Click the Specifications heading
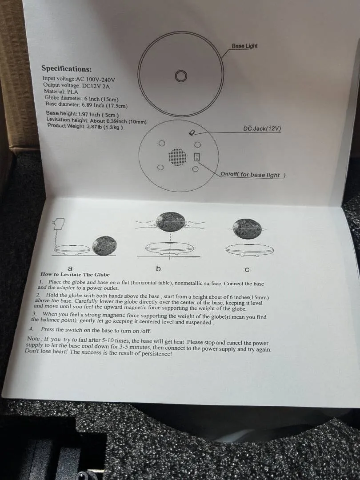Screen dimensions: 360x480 pyautogui.click(x=66, y=68)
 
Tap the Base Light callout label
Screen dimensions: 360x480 pyautogui.click(x=244, y=46)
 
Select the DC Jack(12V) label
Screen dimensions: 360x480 pyautogui.click(x=262, y=128)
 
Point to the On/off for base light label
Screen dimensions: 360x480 pyautogui.click(x=253, y=175)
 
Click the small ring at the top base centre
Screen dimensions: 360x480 pyautogui.click(x=181, y=76)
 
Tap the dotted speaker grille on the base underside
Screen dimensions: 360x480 pyautogui.click(x=177, y=157)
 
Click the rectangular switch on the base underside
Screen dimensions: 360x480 pyautogui.click(x=197, y=157)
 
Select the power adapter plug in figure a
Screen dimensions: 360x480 pyautogui.click(x=60, y=223)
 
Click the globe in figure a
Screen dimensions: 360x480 pyautogui.click(x=104, y=245)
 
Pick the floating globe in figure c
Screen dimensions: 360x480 pyautogui.click(x=248, y=228)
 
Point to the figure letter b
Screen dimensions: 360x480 pyautogui.click(x=158, y=269)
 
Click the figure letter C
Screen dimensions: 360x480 pyautogui.click(x=248, y=270)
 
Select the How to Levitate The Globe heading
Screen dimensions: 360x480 pyautogui.click(x=75, y=275)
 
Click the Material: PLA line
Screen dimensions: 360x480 pyautogui.click(x=61, y=92)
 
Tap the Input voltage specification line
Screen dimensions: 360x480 pyautogui.click(x=79, y=79)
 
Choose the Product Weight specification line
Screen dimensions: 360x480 pyautogui.click(x=85, y=126)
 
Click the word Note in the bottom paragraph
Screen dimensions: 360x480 pyautogui.click(x=33, y=339)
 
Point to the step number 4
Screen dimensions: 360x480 pyautogui.click(x=31, y=329)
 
